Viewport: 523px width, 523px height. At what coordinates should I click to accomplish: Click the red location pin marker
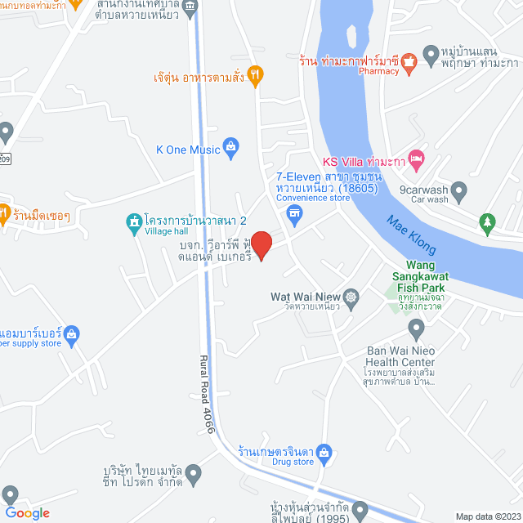(261, 244)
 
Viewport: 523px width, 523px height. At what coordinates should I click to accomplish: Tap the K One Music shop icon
(231, 149)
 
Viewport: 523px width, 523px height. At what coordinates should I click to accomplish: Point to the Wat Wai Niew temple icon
(351, 297)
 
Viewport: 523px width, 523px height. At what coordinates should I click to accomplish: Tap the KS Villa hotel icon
(416, 160)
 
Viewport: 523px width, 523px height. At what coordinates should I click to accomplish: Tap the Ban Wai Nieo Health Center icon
(416, 330)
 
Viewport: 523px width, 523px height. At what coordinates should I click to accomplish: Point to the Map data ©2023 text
(488, 516)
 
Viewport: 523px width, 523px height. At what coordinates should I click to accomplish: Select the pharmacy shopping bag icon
(409, 59)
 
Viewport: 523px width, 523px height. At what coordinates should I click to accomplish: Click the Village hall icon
(132, 221)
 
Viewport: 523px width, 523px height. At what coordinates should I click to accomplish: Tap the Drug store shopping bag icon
(324, 450)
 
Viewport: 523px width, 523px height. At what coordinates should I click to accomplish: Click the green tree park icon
(488, 221)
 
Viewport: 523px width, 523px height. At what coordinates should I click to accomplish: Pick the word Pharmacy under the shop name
(378, 70)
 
